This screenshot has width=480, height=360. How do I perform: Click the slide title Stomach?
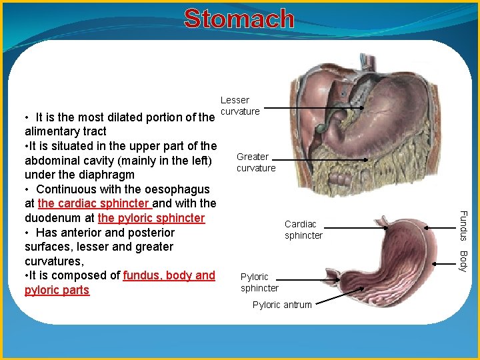click(239, 19)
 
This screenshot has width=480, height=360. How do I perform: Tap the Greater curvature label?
click(255, 163)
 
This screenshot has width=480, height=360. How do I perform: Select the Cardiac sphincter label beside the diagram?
click(303, 229)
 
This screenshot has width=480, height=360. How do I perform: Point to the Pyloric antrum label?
click(282, 305)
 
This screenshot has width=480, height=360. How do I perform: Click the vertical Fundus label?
click(465, 225)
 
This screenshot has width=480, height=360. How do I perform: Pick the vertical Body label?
click(465, 261)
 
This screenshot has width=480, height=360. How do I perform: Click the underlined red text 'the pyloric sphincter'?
click(151, 218)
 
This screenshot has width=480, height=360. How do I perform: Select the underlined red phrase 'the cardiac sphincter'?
click(94, 203)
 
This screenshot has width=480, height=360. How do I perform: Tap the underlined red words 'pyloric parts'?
click(57, 290)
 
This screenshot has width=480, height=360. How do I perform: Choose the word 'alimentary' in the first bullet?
click(51, 131)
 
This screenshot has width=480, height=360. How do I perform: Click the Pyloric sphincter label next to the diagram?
click(259, 282)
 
